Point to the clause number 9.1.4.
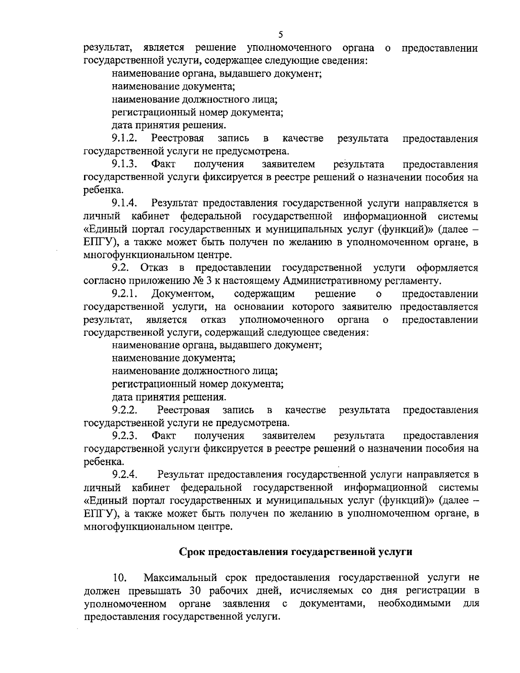125,203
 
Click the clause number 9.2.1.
125,294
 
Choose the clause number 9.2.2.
125,410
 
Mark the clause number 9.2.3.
125,436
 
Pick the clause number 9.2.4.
125,474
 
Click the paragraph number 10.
119,578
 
